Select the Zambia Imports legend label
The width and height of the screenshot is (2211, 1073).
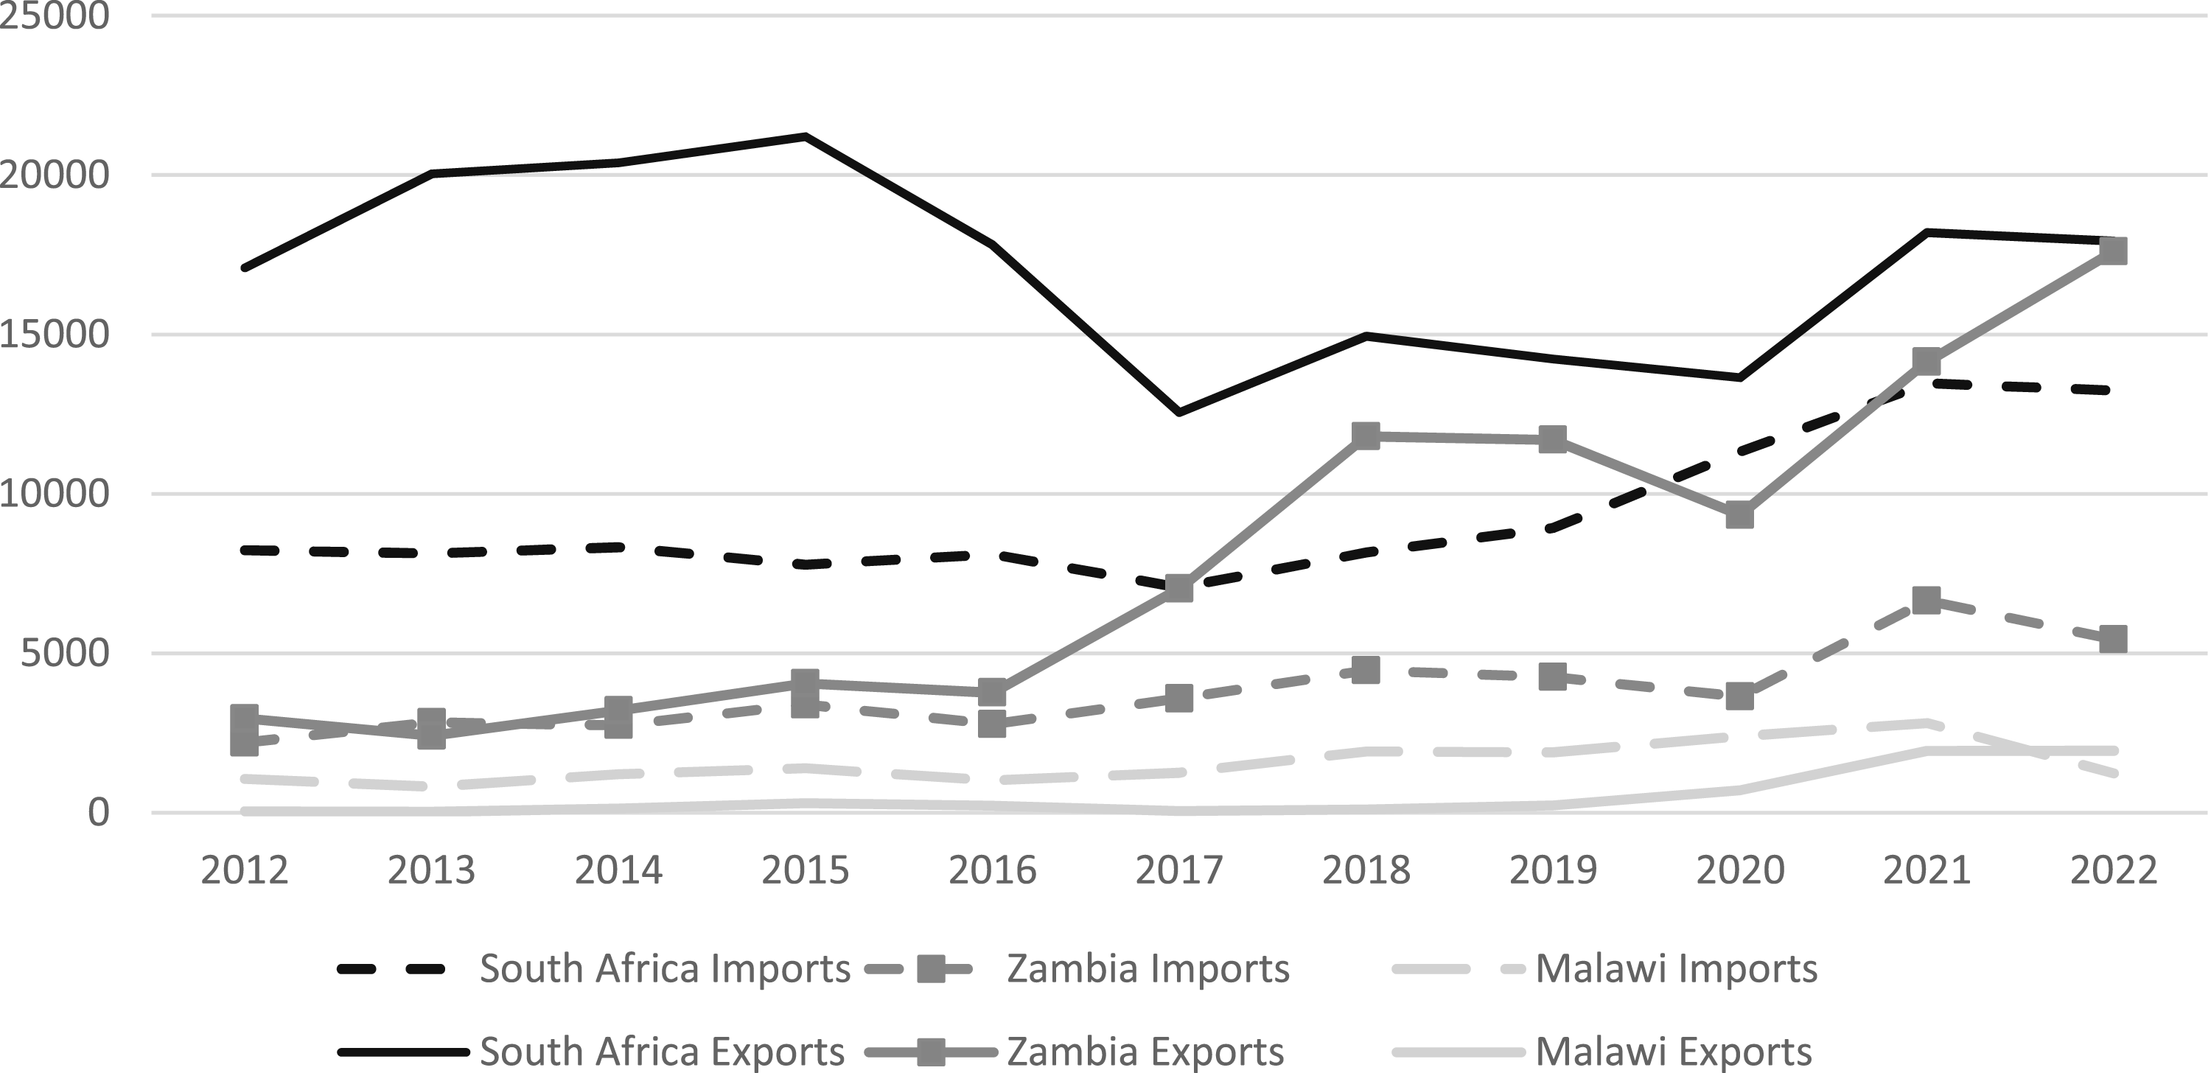pyautogui.click(x=1148, y=968)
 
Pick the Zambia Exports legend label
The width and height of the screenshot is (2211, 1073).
pyautogui.click(x=1145, y=1051)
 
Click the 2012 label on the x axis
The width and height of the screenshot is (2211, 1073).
pyautogui.click(x=245, y=870)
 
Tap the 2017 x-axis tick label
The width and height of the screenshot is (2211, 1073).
pyautogui.click(x=1179, y=870)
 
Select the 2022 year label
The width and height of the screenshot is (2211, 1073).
pyautogui.click(x=2113, y=870)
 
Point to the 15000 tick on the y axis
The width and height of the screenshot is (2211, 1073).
pyautogui.click(x=54, y=334)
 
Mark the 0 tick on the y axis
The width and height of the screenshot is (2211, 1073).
pyautogui.click(x=98, y=812)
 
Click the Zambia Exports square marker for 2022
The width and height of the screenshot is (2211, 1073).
pyautogui.click(x=2112, y=251)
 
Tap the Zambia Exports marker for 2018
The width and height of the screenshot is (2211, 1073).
pyautogui.click(x=1366, y=436)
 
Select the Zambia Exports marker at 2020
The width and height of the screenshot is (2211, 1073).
pyautogui.click(x=1740, y=515)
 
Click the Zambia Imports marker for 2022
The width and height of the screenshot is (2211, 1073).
pyautogui.click(x=2112, y=639)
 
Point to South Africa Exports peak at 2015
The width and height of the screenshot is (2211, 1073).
pyautogui.click(x=805, y=136)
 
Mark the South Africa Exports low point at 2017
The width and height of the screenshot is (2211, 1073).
pyautogui.click(x=1179, y=413)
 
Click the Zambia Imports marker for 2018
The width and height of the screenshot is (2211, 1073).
pyautogui.click(x=1366, y=670)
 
